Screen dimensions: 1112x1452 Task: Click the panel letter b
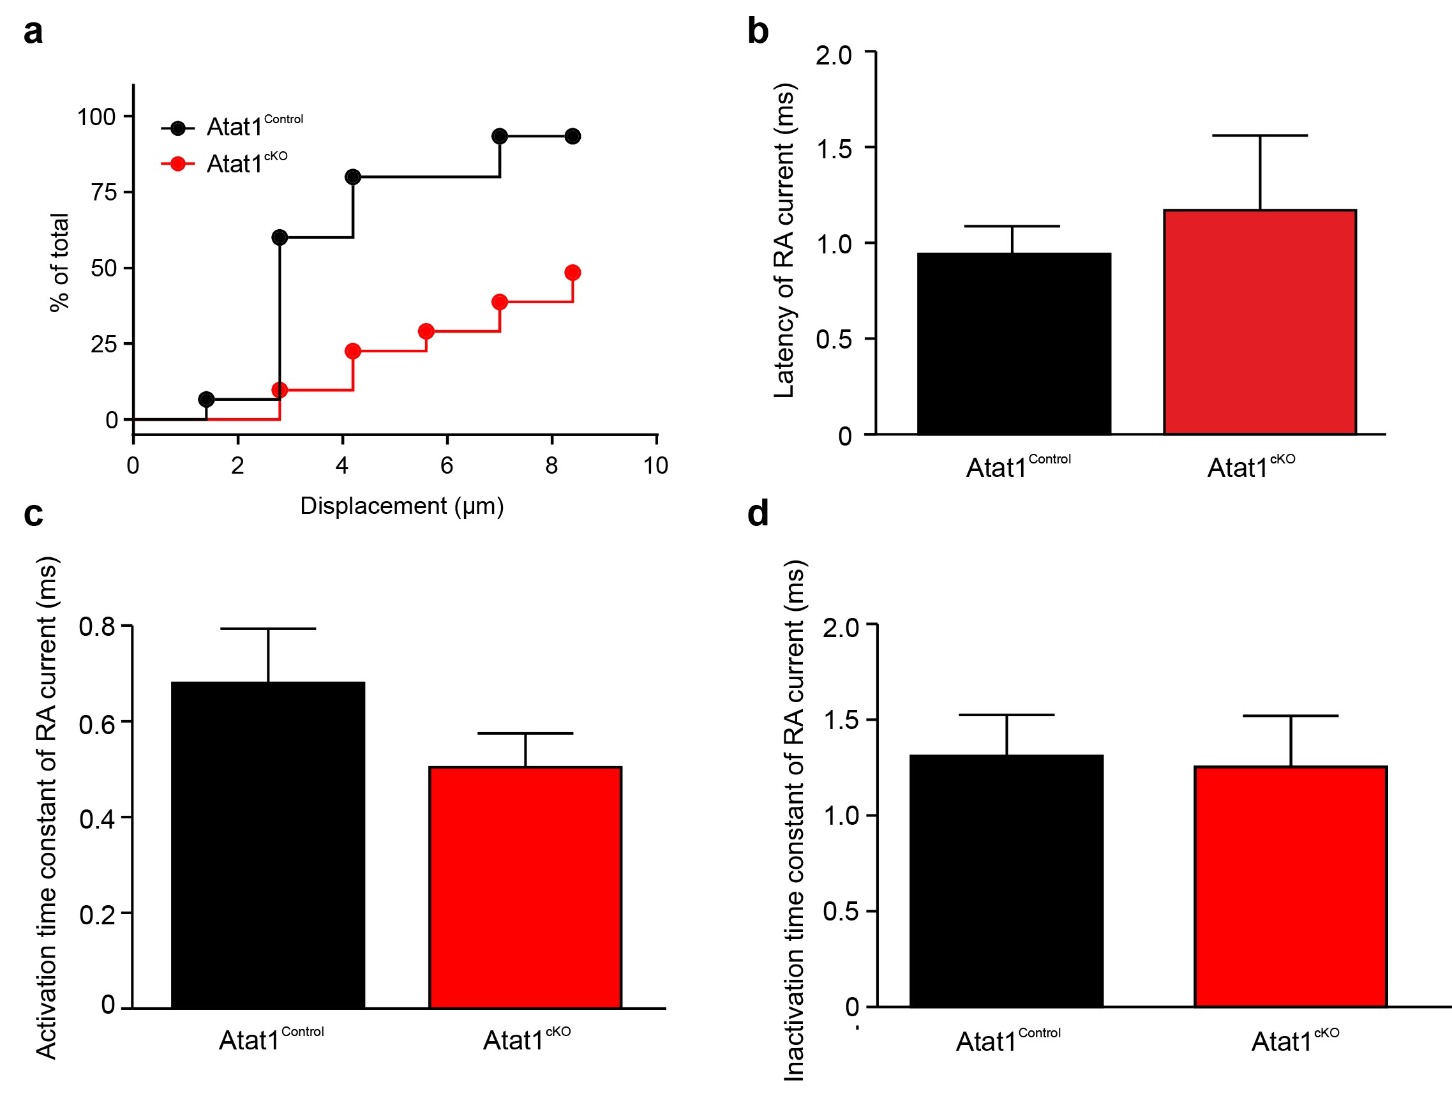tap(758, 32)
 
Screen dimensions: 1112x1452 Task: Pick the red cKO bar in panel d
tap(1290, 886)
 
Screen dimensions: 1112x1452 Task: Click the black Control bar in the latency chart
tap(1014, 343)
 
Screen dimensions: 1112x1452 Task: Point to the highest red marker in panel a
tap(573, 273)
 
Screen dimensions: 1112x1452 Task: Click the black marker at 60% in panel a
tap(280, 237)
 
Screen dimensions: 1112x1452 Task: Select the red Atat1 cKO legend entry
tap(225, 163)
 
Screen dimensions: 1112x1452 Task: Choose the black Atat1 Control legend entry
tap(232, 126)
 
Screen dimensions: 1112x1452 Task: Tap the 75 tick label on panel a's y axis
tap(104, 193)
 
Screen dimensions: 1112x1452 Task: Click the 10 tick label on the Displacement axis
tap(655, 466)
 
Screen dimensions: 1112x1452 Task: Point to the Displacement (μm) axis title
tap(401, 506)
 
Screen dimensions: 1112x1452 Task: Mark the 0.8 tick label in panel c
tap(96, 626)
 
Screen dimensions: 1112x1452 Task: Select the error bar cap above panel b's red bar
tap(1259, 136)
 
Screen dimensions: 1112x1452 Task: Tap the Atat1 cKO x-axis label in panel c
tap(526, 1039)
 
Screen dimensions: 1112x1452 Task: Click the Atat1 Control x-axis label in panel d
tap(1007, 1041)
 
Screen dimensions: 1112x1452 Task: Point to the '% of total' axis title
tap(59, 262)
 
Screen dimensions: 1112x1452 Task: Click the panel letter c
tap(33, 515)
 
